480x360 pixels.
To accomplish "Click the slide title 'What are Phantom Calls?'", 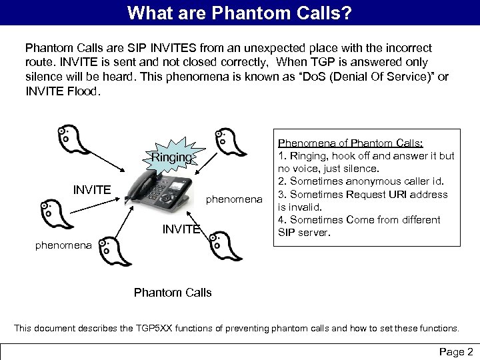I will click(240, 12).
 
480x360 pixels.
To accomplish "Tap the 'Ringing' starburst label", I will click(171, 158).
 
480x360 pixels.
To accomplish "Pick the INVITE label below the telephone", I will click(181, 229).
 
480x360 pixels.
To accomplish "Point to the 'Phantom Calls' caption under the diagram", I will click(173, 293).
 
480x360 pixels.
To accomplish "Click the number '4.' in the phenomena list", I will click(281, 220).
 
